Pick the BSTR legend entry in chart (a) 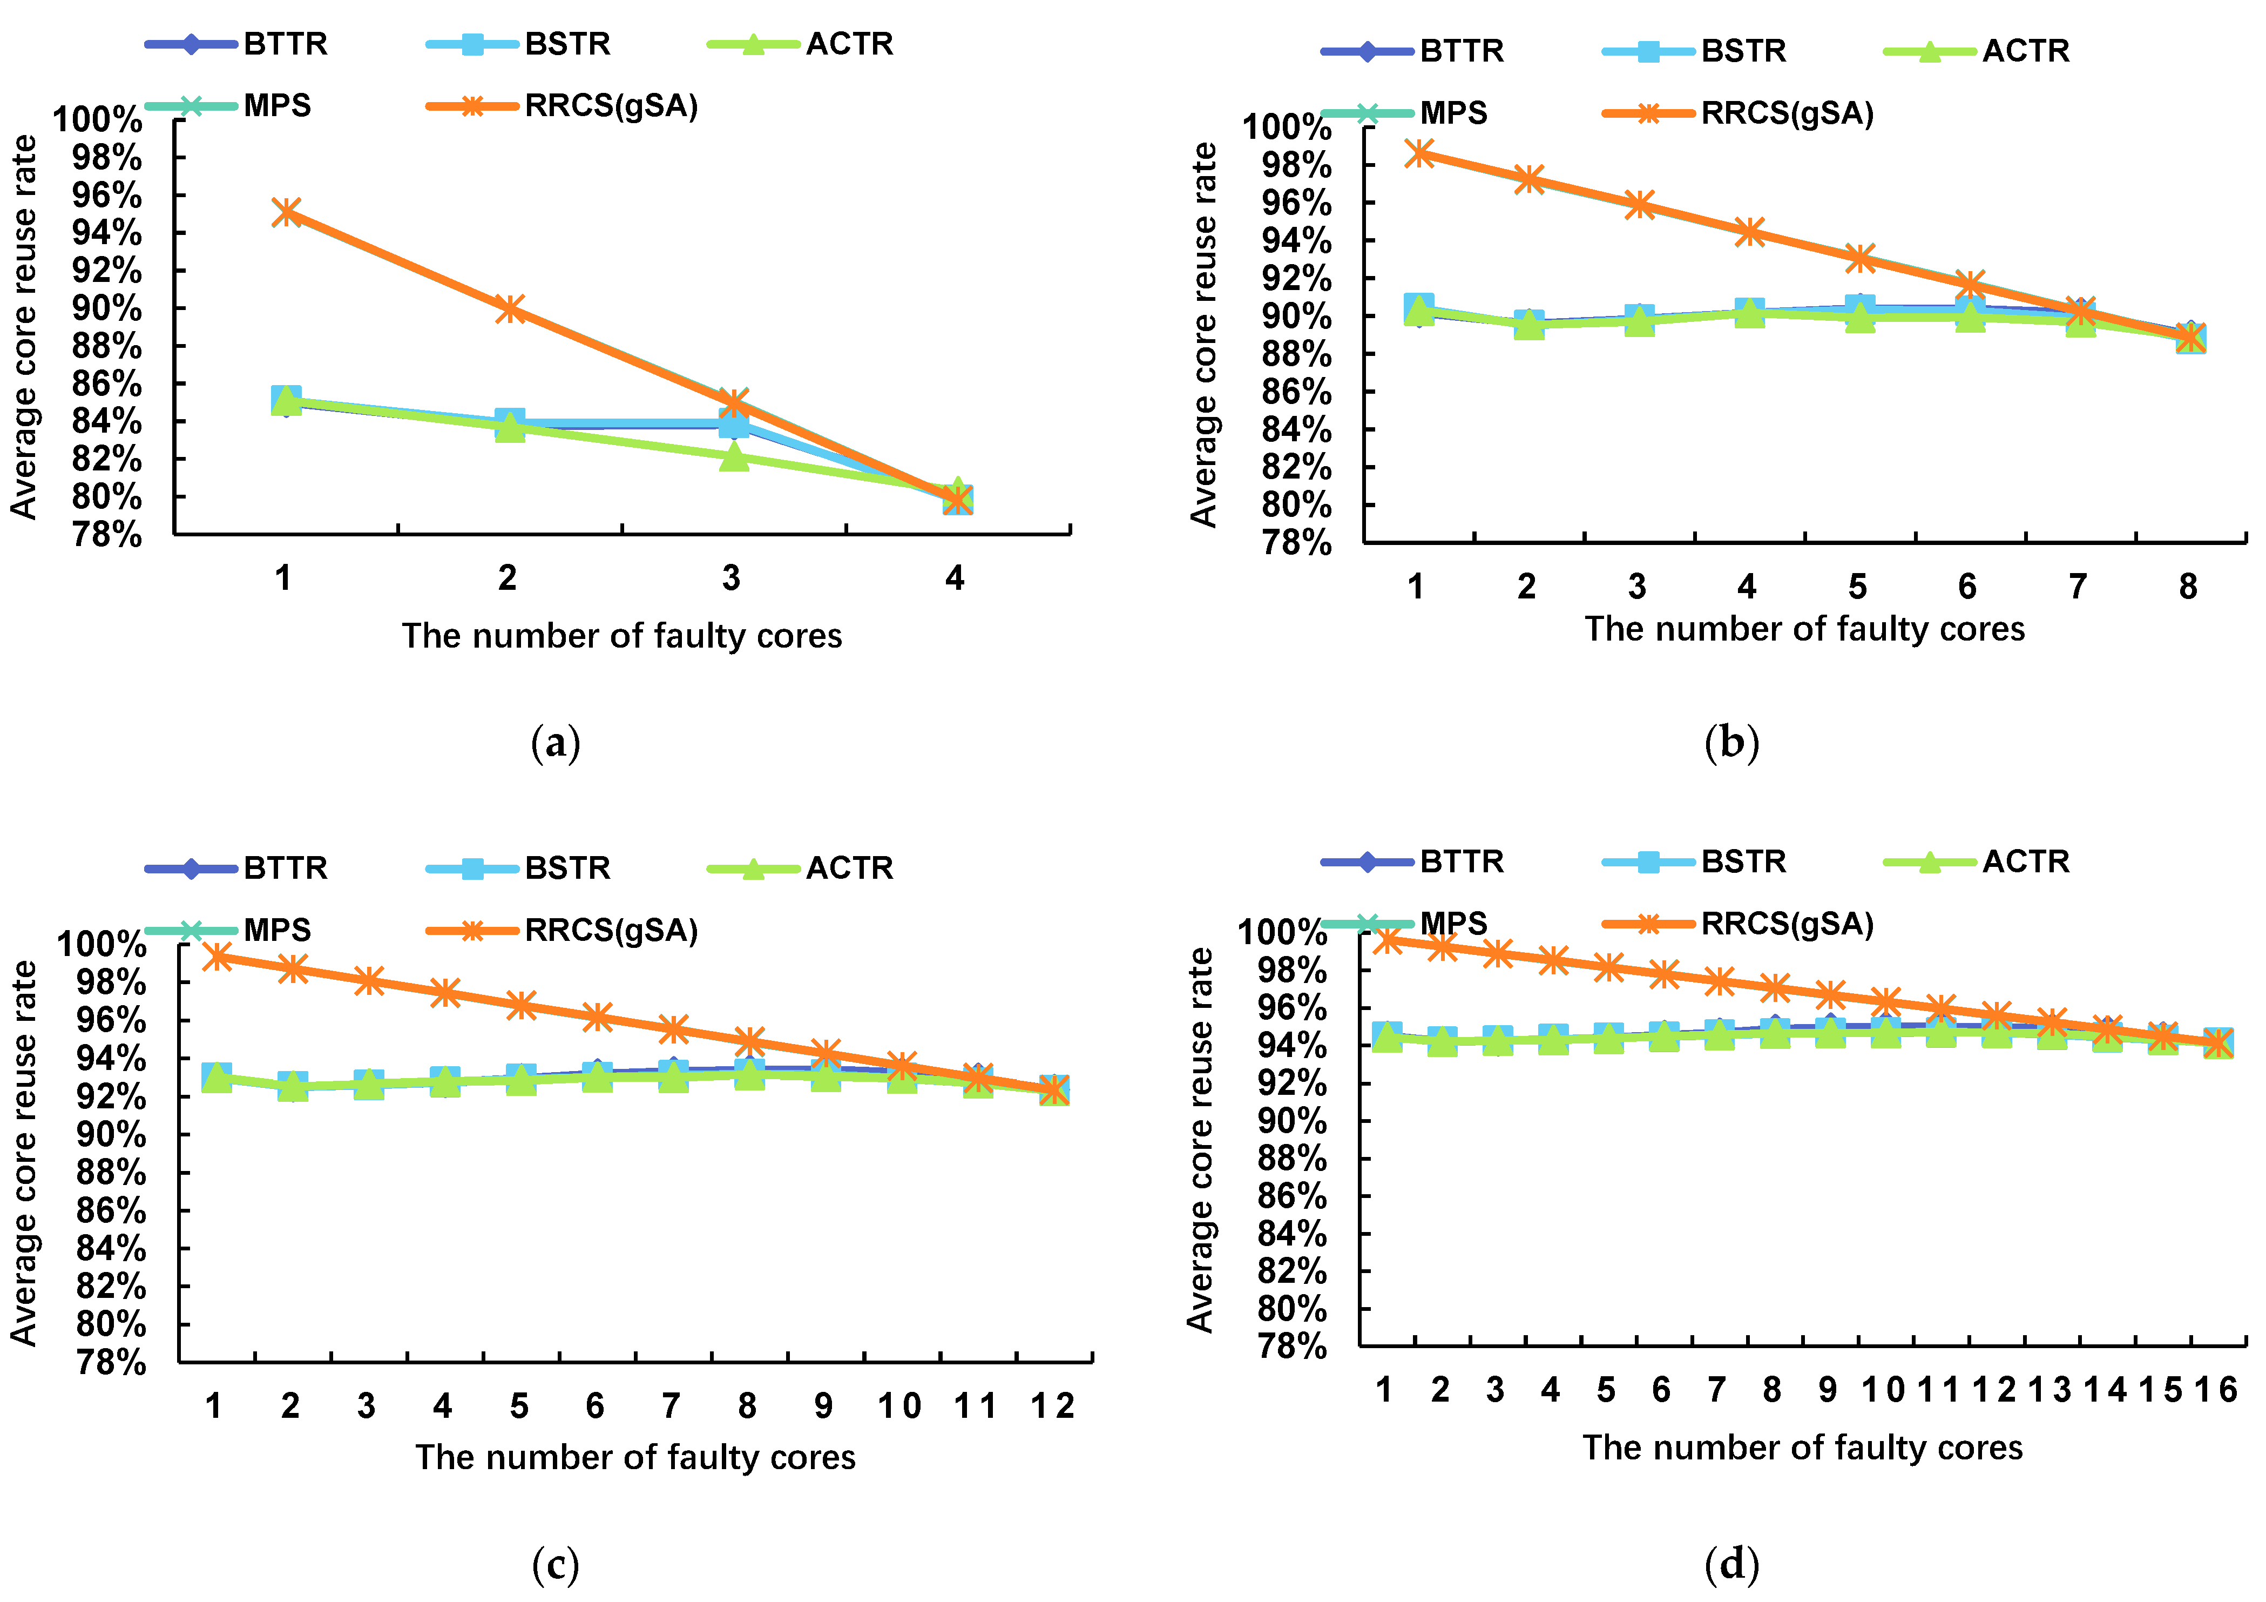tap(519, 44)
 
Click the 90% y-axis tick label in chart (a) tap(106, 308)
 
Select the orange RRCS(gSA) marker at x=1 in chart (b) tap(1419, 153)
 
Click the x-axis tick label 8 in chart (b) tap(2188, 587)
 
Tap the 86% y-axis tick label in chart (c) tap(111, 1210)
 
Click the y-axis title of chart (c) tap(24, 1153)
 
